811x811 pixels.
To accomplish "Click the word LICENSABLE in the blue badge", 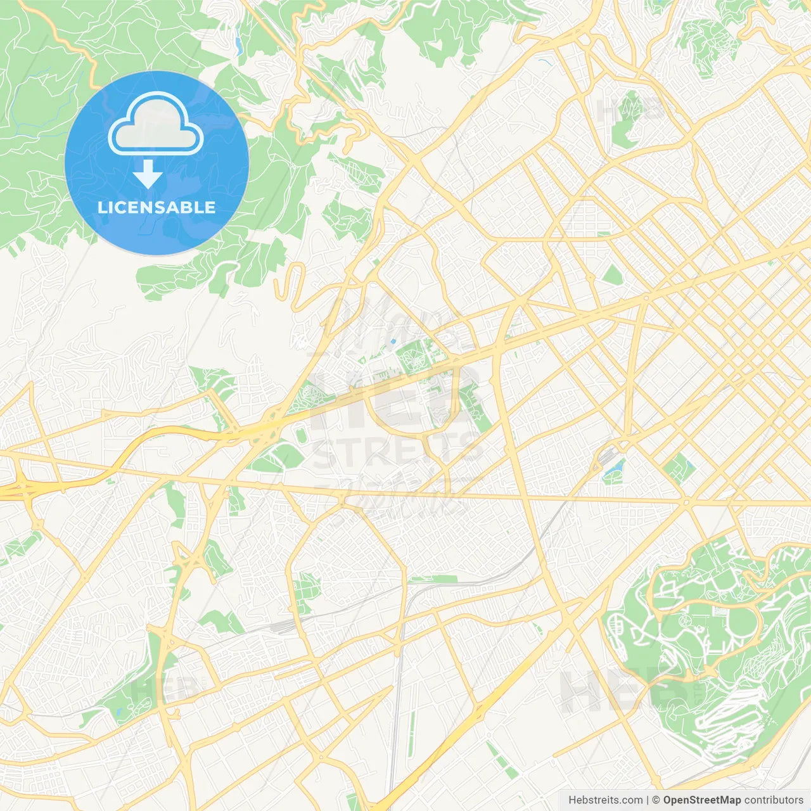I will pyautogui.click(x=156, y=207).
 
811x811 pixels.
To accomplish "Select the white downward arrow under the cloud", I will pyautogui.click(x=148, y=174).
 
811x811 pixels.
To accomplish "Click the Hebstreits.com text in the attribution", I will pyautogui.click(x=605, y=800).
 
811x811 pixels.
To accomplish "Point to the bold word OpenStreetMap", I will pyautogui.click(x=701, y=800).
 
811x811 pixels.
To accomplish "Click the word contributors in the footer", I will pyautogui.click(x=774, y=800).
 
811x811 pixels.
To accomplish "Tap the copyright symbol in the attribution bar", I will pyautogui.click(x=656, y=800).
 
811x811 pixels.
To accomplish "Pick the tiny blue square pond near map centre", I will pyautogui.click(x=393, y=342).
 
